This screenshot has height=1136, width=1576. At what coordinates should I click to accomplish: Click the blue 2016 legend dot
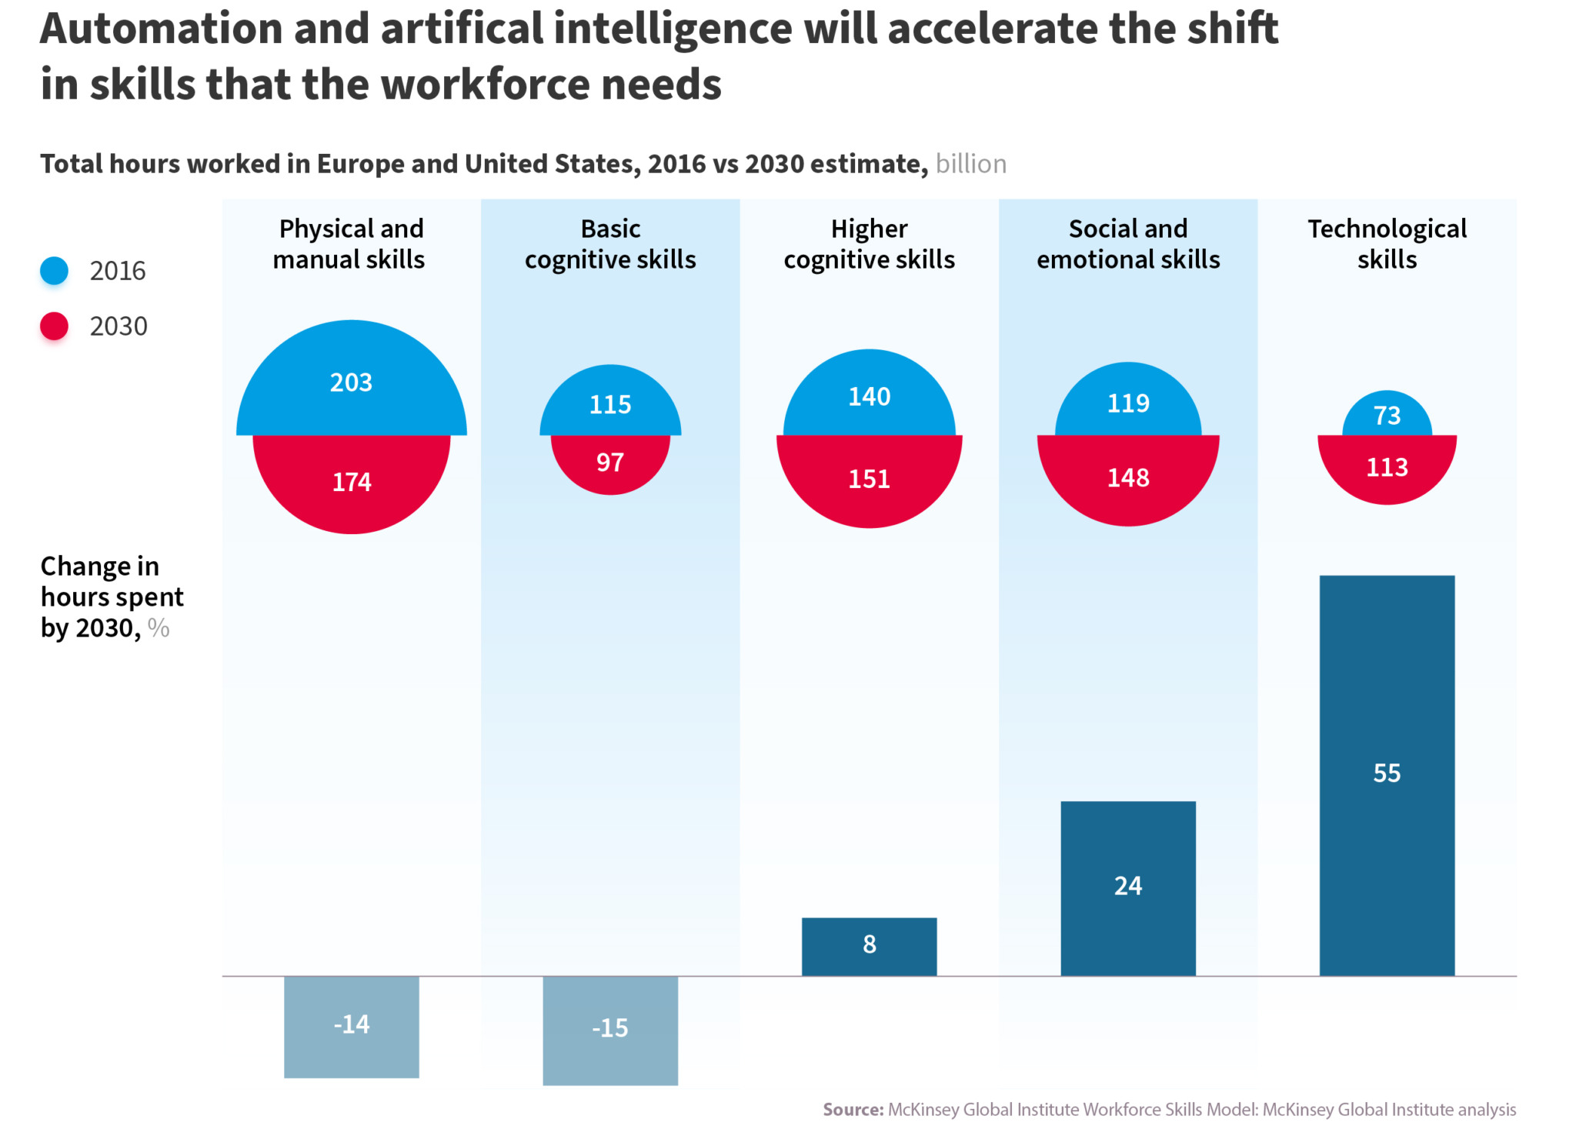click(x=54, y=271)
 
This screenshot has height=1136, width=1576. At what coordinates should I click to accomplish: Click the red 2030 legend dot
click(x=54, y=326)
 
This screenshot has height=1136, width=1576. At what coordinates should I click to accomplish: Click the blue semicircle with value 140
click(x=869, y=396)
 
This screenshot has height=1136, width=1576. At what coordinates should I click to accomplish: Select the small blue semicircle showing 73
click(x=1387, y=416)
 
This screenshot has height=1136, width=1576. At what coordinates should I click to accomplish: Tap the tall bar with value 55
click(x=1387, y=773)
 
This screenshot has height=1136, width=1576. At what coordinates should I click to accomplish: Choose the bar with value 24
click(x=1128, y=887)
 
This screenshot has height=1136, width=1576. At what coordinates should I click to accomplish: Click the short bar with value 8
click(x=869, y=945)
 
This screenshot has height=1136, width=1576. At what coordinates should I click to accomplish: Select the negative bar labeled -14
click(x=351, y=1025)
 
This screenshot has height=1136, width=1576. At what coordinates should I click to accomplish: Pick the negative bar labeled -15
click(x=609, y=1029)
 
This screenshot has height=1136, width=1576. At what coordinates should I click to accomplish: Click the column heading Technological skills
click(x=1387, y=244)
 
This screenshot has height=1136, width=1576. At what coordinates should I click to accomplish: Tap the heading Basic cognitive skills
click(x=609, y=244)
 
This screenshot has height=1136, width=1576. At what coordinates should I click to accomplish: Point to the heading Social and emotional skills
click(x=1128, y=244)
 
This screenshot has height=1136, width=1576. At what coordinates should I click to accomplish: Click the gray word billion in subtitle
click(x=970, y=164)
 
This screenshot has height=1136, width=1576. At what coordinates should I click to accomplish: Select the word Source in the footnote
click(x=853, y=1109)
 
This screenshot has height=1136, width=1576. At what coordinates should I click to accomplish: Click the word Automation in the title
click(x=162, y=29)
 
